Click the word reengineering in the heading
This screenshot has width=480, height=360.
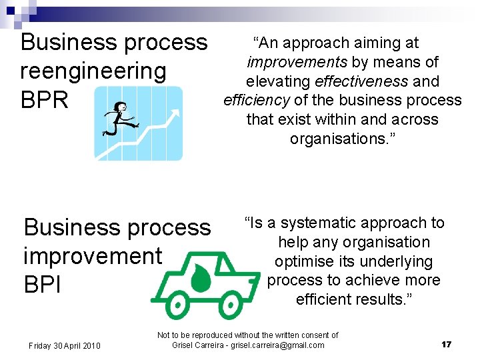[93, 71]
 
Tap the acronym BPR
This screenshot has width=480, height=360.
[45, 100]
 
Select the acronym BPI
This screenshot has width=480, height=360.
[43, 285]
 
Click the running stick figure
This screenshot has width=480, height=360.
[119, 119]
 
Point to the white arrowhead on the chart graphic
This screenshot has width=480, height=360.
[174, 115]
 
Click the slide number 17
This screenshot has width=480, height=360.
[446, 344]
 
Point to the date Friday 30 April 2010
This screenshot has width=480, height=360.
[64, 345]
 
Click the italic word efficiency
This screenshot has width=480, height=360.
[256, 101]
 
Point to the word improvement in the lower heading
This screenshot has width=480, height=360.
[93, 256]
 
